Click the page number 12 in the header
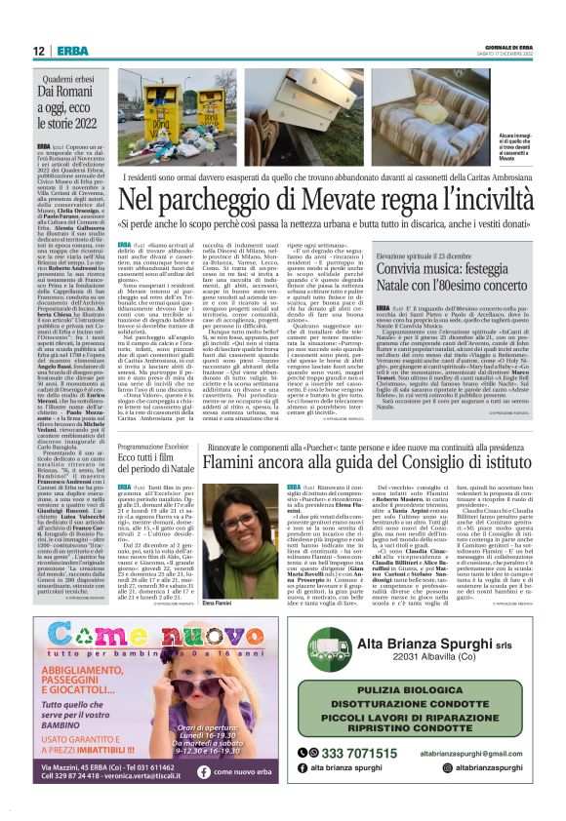tap(37, 51)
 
